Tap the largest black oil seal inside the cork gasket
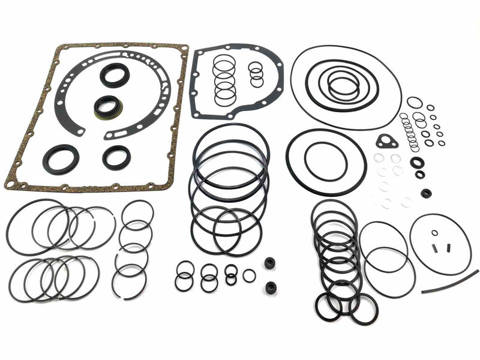[60, 159]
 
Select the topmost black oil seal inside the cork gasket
[114, 75]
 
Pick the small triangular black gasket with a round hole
[387, 142]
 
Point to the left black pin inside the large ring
[438, 247]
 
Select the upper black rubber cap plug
[270, 263]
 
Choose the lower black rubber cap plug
[270, 287]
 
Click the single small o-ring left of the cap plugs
[249, 275]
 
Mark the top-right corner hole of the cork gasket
[182, 49]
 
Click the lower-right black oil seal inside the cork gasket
[116, 158]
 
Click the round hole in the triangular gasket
[386, 142]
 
